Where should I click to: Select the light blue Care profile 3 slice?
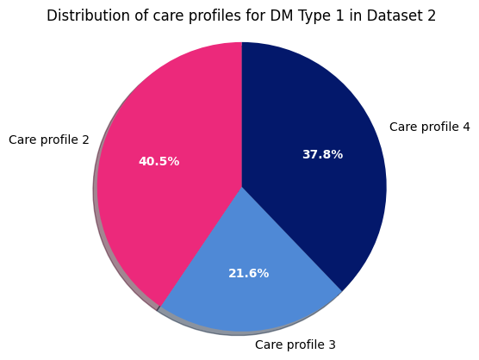[x=250, y=293]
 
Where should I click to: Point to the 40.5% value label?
[x=159, y=161]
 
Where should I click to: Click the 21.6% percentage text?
[x=248, y=273]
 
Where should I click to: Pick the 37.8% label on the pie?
[x=322, y=154]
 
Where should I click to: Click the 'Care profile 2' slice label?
[x=49, y=140]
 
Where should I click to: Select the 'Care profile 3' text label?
[x=295, y=344]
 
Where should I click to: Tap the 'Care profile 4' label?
[x=430, y=127]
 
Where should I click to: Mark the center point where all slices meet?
[x=242, y=187]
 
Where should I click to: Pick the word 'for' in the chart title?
[x=250, y=16]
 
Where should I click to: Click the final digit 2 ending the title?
[x=432, y=16]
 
